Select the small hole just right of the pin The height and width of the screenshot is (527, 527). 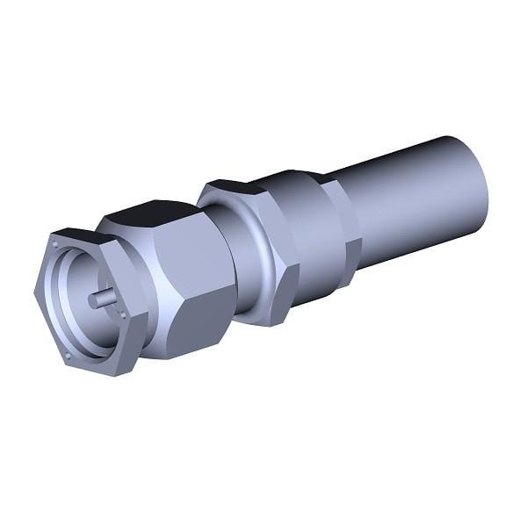(123, 315)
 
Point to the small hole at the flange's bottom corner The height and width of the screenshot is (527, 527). (67, 355)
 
